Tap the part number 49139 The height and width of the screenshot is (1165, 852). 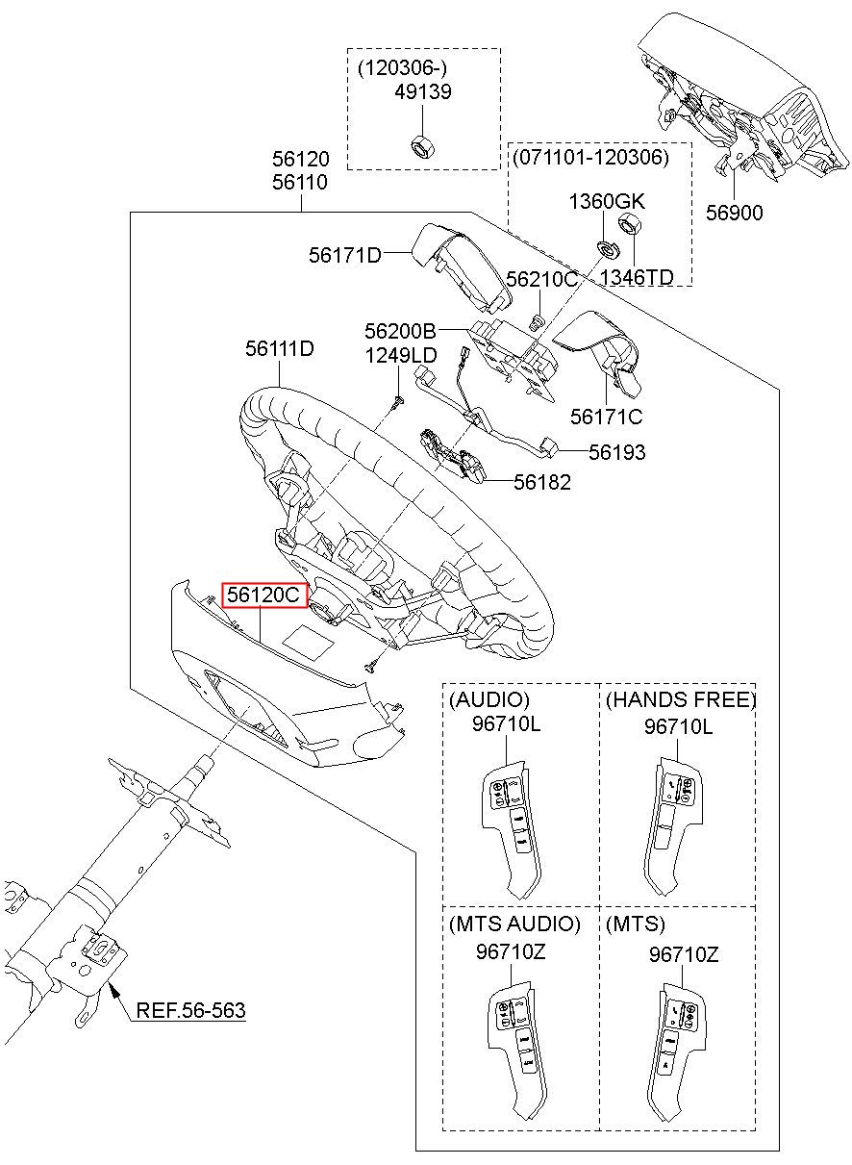click(422, 92)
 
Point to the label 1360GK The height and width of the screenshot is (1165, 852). click(607, 201)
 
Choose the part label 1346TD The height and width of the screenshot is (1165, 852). click(637, 277)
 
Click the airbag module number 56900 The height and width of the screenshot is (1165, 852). click(734, 213)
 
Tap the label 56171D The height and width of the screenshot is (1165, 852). click(345, 255)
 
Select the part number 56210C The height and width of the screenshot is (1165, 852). click(541, 279)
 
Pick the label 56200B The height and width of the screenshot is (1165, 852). click(400, 331)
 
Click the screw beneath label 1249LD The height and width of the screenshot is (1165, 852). click(399, 402)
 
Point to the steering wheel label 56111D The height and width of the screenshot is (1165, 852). click(280, 348)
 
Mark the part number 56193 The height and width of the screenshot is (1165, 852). click(617, 452)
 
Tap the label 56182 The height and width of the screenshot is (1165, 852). click(542, 482)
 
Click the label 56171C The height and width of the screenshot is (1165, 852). click(606, 417)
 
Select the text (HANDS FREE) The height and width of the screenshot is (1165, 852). click(680, 699)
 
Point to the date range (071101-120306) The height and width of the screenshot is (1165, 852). click(590, 157)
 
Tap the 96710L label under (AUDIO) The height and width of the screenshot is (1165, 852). click(506, 723)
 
